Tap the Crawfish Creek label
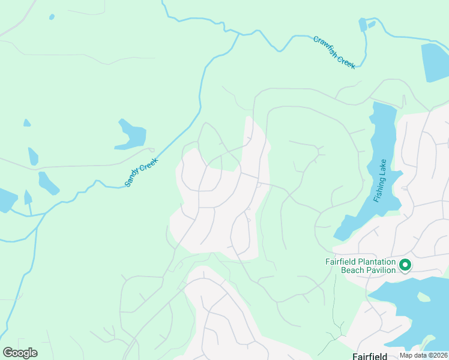coord(334,52)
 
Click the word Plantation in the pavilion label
coord(373,262)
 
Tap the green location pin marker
coord(405,264)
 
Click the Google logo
coord(20,353)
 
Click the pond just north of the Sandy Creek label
coord(131,135)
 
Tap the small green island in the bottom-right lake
coord(424,297)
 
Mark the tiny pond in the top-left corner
coord(52,16)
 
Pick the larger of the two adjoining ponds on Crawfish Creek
coord(363,25)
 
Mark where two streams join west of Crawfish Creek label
coord(240,34)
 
